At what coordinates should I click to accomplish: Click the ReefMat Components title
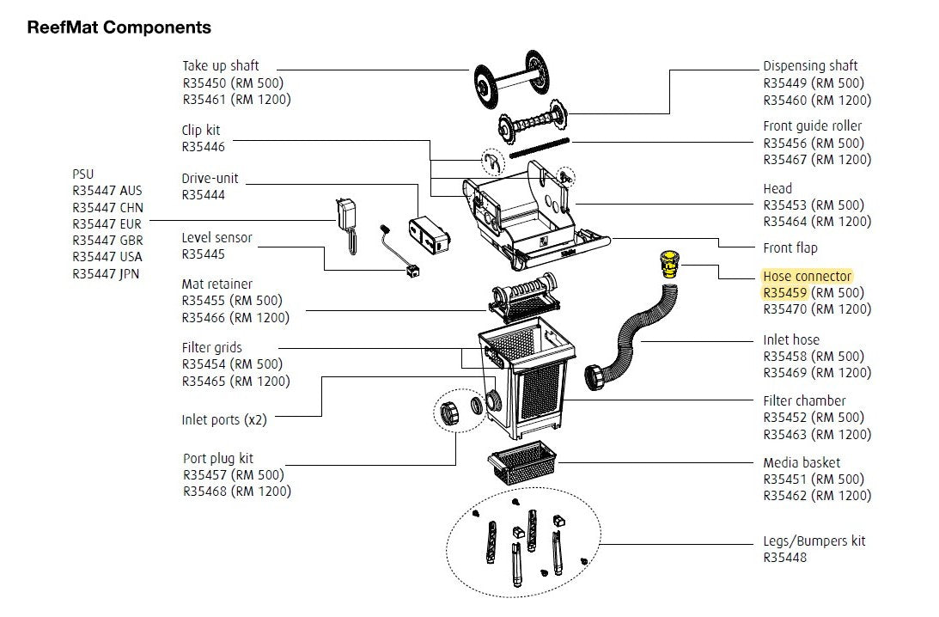point(119,27)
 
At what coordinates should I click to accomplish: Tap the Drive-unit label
point(210,179)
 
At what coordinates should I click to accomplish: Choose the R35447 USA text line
point(107,257)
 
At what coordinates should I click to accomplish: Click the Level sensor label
point(216,238)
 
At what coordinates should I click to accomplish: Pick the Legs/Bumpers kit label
point(814,541)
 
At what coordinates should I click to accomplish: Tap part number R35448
point(784,558)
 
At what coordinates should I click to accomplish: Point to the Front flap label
point(790,247)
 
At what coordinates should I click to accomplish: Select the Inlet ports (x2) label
point(223,420)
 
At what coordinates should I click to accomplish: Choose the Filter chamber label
point(804,400)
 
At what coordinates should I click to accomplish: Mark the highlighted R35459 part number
point(784,292)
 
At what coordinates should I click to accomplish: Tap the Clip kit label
point(200,131)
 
